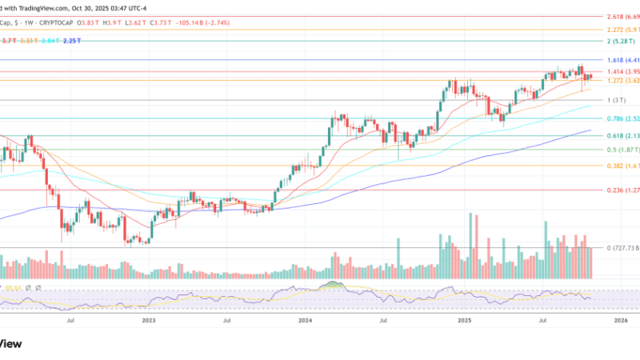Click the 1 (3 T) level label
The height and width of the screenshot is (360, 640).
click(x=616, y=100)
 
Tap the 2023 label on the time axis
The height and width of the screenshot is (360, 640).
click(x=149, y=320)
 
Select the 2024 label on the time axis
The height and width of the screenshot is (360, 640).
click(x=306, y=320)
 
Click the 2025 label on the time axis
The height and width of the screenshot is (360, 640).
click(x=463, y=320)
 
